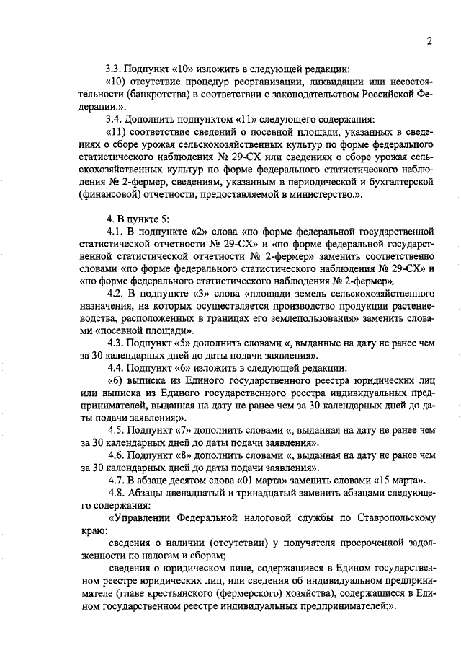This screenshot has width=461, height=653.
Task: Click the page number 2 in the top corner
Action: click(429, 40)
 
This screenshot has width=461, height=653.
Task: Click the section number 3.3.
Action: click(114, 69)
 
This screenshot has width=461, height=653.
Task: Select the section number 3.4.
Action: click(114, 118)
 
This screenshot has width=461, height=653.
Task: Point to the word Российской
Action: click(393, 94)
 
